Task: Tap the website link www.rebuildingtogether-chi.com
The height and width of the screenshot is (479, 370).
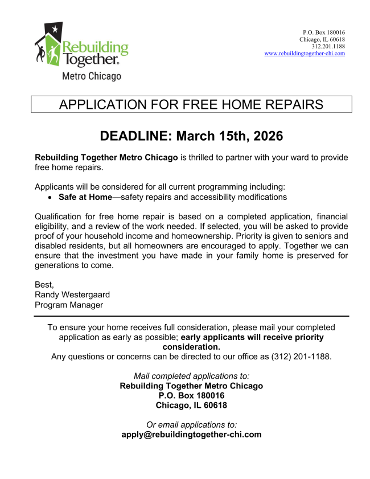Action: (305, 53)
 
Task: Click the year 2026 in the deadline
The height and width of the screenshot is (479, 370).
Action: (264, 137)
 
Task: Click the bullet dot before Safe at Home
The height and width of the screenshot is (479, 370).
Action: (51, 198)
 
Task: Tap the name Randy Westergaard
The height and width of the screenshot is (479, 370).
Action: (73, 294)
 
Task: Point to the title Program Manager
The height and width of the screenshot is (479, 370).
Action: (69, 305)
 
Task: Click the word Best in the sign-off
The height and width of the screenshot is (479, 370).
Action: (44, 284)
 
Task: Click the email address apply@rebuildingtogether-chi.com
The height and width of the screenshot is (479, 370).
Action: (191, 434)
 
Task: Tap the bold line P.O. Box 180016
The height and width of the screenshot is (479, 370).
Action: (191, 395)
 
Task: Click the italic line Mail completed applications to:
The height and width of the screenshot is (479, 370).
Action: (191, 376)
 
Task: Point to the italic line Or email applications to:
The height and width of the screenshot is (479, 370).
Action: (191, 424)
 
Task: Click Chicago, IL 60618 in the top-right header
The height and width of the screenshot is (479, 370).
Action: (322, 39)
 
